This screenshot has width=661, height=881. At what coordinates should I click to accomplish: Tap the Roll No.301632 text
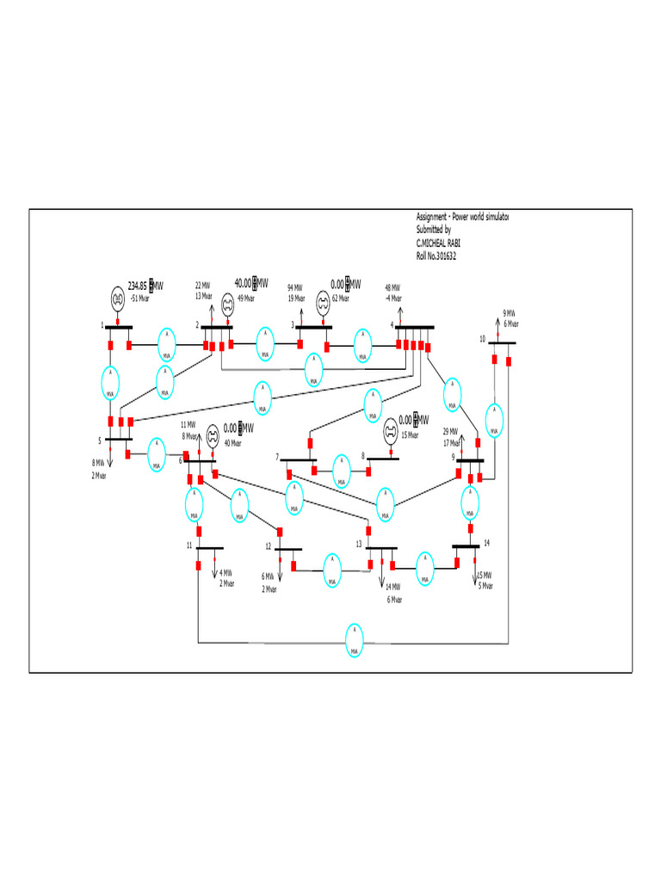coord(436,256)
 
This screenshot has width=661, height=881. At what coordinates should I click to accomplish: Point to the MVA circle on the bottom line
coord(353,641)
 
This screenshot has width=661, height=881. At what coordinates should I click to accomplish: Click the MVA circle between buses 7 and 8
coord(342,471)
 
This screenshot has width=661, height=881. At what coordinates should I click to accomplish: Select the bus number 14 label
coord(486,544)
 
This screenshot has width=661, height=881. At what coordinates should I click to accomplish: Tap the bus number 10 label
coord(483,339)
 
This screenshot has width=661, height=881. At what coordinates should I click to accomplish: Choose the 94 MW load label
coord(294,287)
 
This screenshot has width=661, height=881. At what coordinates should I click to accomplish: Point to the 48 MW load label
coord(392,287)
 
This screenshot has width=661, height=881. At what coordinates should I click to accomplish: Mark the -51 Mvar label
coord(138,299)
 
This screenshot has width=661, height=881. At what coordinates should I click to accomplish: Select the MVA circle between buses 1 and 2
coord(164,345)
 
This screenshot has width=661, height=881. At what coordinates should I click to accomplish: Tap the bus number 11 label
coord(189,546)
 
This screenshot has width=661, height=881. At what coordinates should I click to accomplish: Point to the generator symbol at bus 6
coord(210,438)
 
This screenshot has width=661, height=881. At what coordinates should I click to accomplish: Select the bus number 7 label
coord(277,456)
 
